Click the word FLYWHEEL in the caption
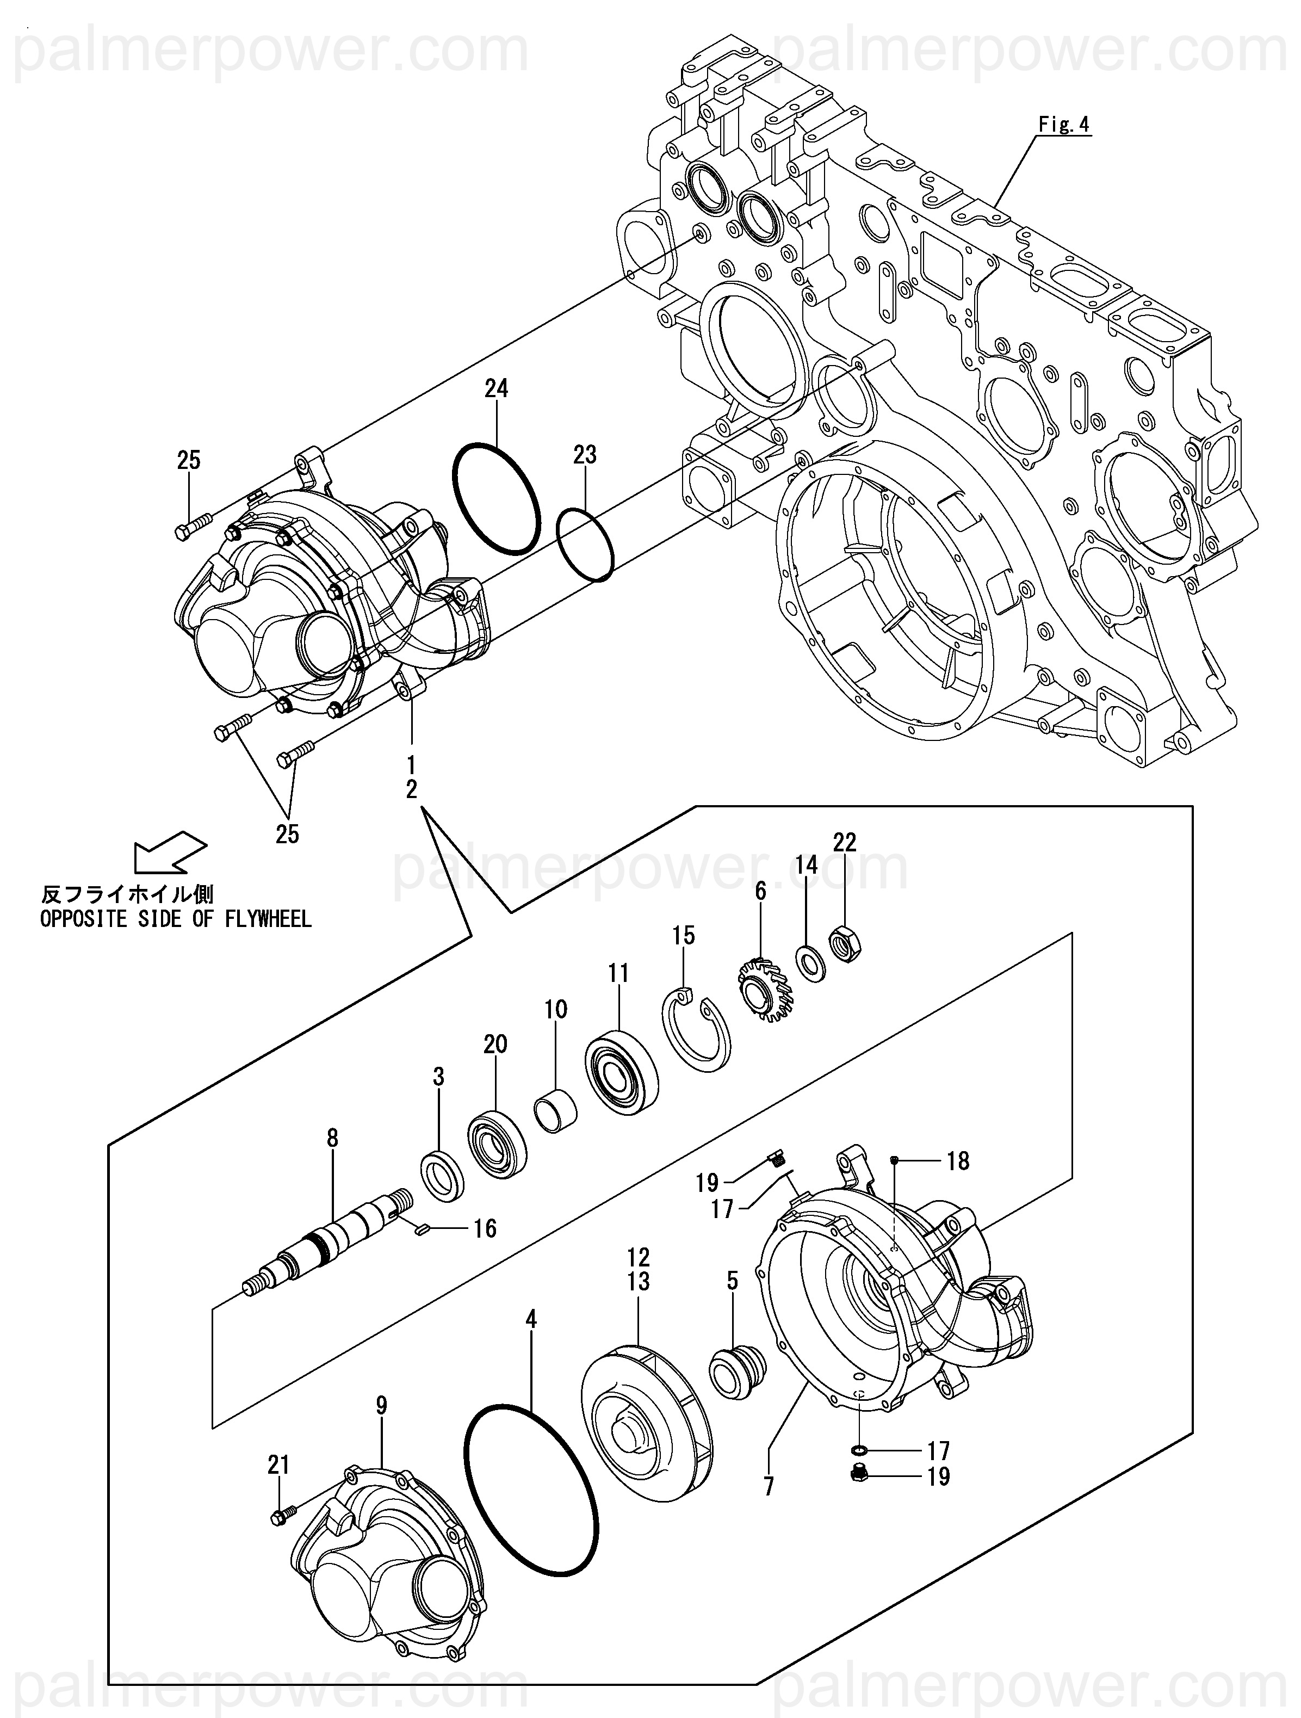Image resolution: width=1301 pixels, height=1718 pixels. click(268, 919)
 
